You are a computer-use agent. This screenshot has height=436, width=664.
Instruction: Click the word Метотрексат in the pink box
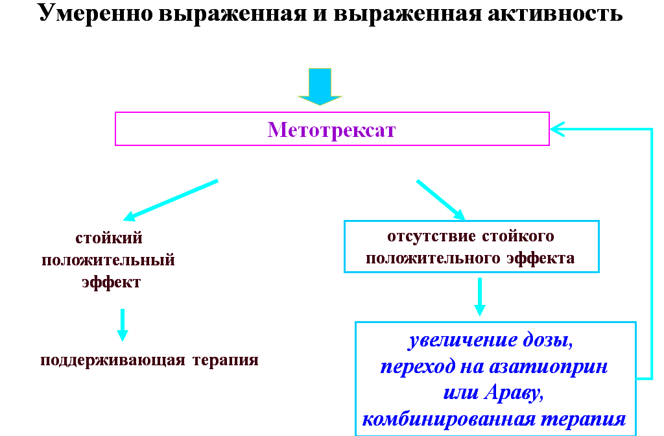point(331,130)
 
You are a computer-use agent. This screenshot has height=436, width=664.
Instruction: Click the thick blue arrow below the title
point(320,86)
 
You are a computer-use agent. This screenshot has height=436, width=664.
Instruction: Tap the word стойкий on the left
point(109,238)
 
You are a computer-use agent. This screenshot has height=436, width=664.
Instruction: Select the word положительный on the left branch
point(108,261)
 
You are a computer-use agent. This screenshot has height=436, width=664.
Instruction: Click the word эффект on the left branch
point(111,283)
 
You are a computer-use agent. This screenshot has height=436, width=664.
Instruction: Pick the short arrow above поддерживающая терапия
point(122,324)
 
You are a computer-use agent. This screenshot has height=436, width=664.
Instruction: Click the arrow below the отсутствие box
point(479,297)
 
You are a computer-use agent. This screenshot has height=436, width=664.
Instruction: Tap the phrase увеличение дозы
point(491,341)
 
